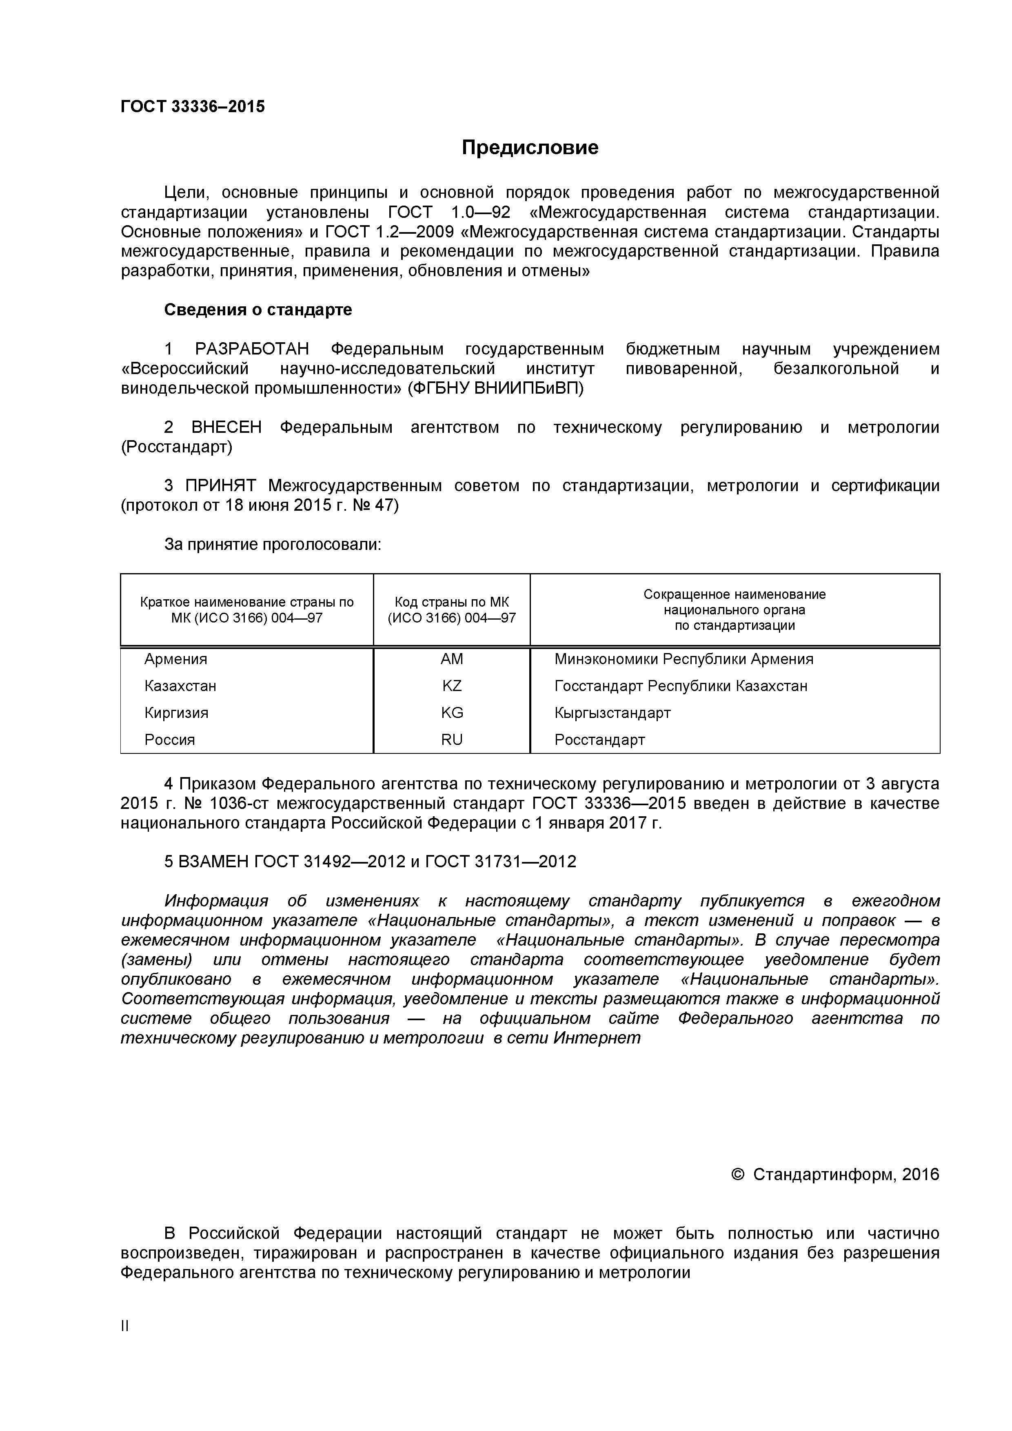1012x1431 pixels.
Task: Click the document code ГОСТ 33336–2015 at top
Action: click(x=192, y=106)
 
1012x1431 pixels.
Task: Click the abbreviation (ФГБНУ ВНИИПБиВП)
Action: click(x=496, y=388)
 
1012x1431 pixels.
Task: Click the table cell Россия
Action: click(x=170, y=740)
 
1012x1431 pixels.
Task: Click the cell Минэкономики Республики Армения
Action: click(x=684, y=659)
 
